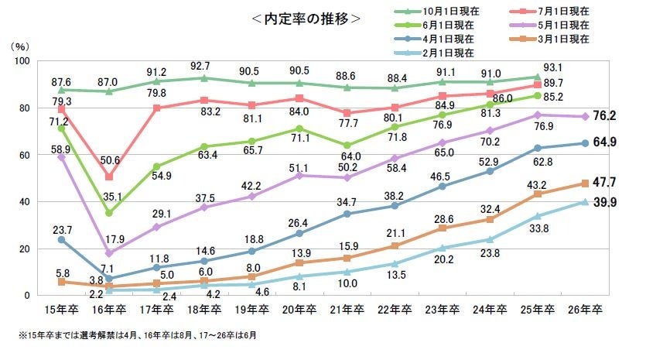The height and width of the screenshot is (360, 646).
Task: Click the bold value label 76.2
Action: pos(603,117)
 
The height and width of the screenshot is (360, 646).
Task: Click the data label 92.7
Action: pos(203,65)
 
